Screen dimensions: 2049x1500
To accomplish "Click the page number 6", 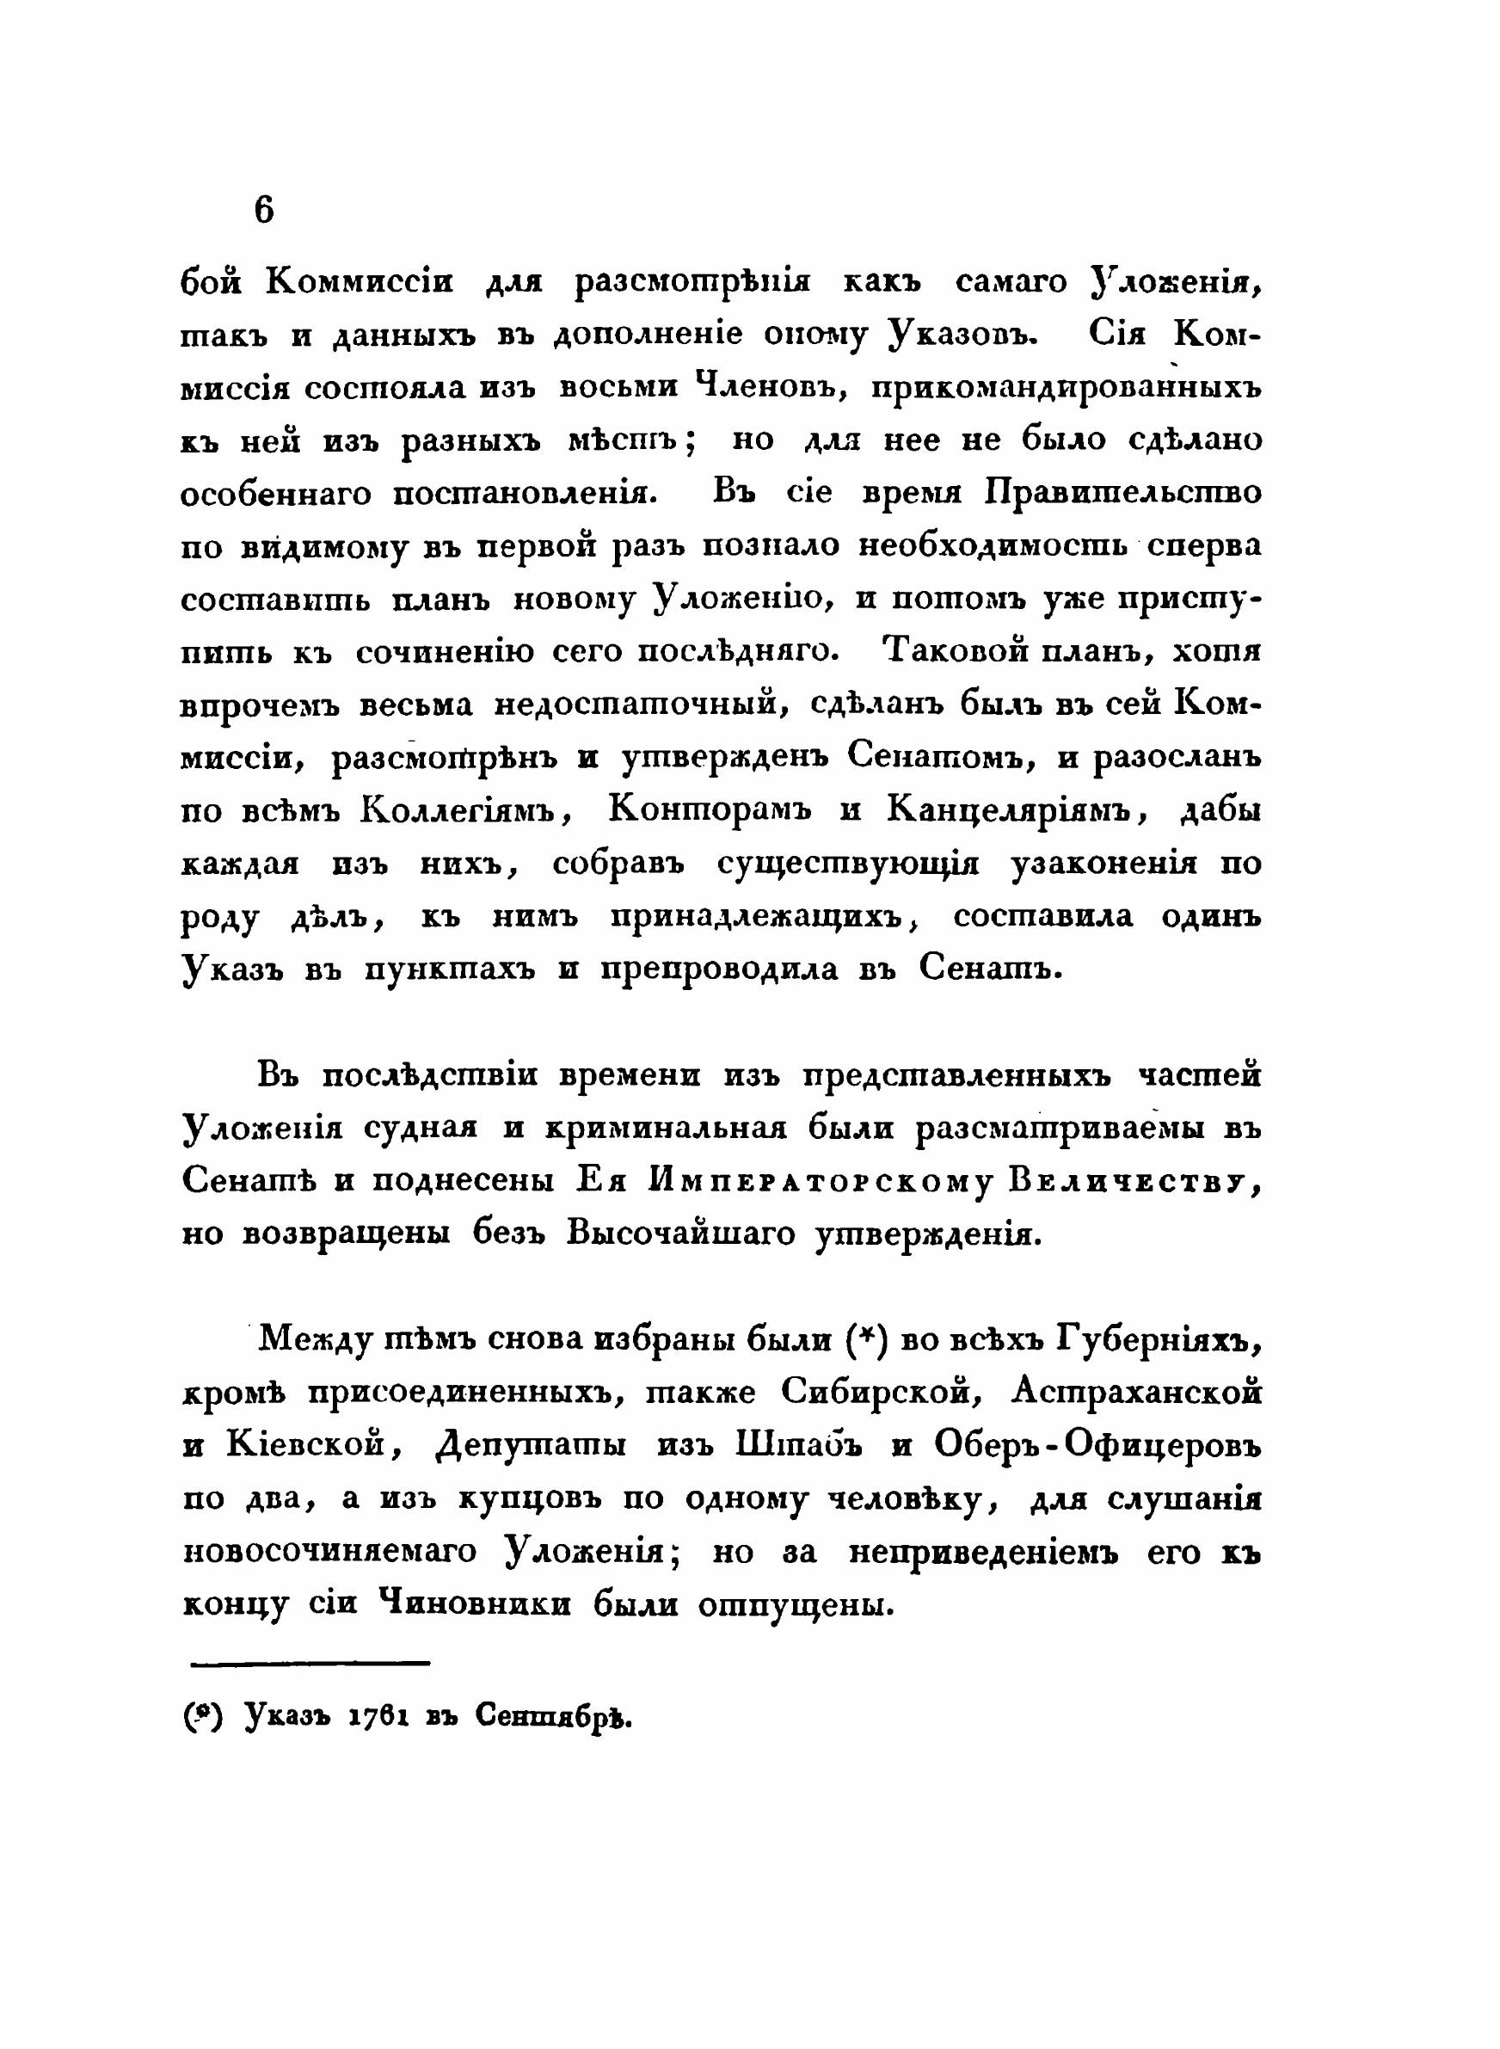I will [x=263, y=211].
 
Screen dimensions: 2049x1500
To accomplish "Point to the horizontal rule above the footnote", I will [x=310, y=1663].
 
